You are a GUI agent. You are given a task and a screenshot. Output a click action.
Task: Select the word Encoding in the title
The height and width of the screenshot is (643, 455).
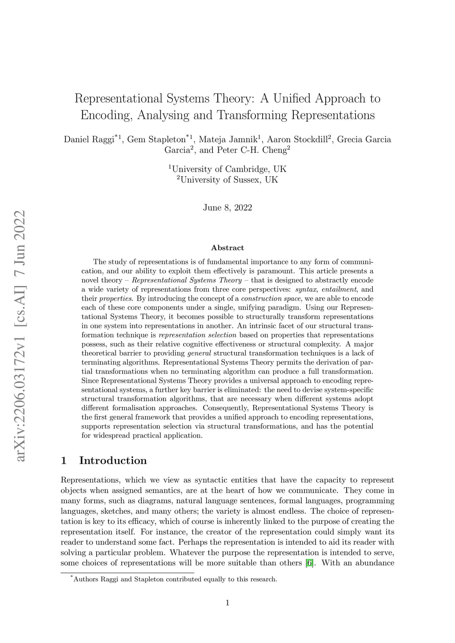point(107,115)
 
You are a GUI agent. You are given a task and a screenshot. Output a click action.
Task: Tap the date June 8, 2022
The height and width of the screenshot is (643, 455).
point(227,207)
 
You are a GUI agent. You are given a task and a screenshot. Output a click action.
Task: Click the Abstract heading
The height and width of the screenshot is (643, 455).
point(227,248)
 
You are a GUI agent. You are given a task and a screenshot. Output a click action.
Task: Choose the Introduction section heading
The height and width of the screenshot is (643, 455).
point(113,460)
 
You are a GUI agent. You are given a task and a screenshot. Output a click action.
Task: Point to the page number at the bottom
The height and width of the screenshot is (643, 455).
point(227,603)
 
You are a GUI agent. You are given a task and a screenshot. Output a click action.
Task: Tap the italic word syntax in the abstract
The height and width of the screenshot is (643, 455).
point(306,290)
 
